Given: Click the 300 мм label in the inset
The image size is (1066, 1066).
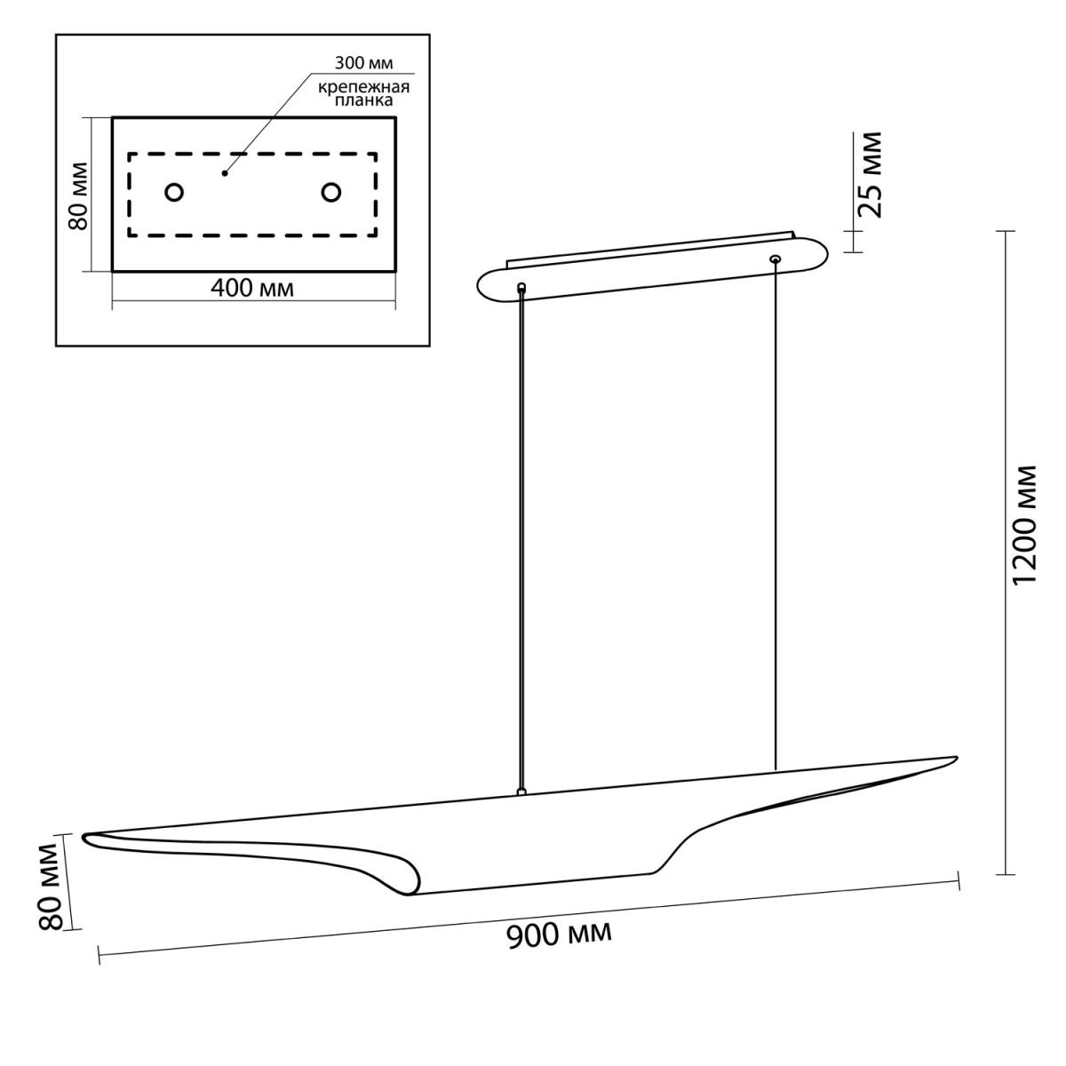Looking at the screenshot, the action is tap(363, 63).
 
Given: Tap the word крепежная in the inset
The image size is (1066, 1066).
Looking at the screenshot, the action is tap(363, 87).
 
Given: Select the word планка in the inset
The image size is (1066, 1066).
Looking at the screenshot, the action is tap(364, 100).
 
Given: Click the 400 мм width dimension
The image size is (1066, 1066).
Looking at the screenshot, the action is tap(252, 288).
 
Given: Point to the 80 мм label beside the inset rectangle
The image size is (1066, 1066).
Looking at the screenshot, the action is tap(77, 195).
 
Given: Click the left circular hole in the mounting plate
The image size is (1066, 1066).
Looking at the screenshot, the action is tap(174, 193).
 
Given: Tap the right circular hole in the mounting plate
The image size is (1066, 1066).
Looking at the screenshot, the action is tap(330, 193).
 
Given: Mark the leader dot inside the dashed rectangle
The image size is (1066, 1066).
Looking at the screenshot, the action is tap(225, 173).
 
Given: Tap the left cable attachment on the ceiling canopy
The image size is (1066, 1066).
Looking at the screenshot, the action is tap(521, 287).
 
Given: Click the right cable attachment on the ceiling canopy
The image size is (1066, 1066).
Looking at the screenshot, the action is tap(776, 259).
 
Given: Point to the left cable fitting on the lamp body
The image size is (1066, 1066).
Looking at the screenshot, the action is tap(520, 792).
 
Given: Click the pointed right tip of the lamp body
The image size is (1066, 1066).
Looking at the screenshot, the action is tap(957, 758).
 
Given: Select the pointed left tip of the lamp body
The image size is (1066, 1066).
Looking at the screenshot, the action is tap(84, 837).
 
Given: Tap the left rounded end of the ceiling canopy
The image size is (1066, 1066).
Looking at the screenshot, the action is tap(479, 287).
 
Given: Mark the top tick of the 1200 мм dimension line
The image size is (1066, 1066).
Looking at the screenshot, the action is tap(1005, 231).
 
